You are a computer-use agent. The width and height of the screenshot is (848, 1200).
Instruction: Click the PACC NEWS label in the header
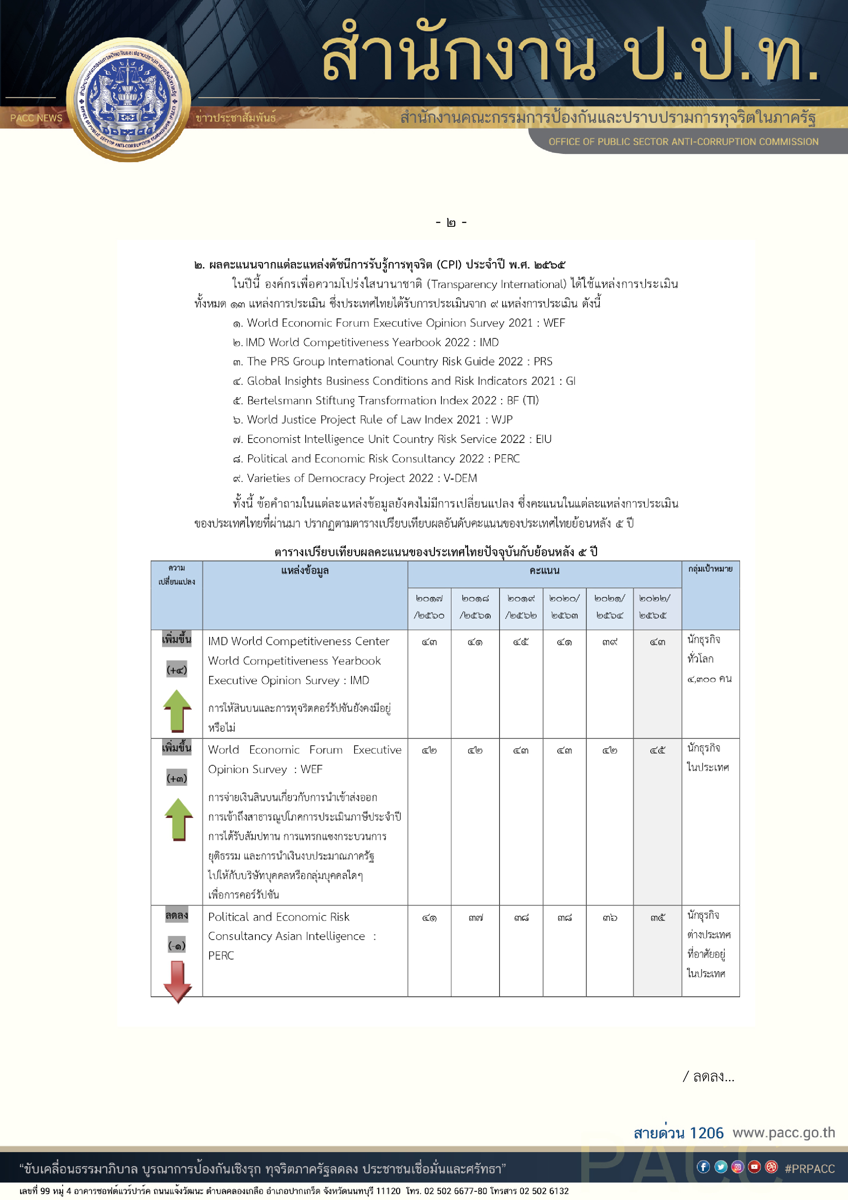click(x=36, y=118)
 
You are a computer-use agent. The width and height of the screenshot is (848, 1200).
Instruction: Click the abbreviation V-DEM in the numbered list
click(x=460, y=478)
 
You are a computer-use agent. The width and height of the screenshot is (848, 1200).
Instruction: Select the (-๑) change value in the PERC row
click(x=176, y=945)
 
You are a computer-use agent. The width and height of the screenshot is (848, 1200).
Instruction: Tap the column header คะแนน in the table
click(x=544, y=571)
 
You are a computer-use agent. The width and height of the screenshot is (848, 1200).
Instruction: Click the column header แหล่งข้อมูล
click(x=305, y=571)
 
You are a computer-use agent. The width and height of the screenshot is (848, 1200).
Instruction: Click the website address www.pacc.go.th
click(x=783, y=1133)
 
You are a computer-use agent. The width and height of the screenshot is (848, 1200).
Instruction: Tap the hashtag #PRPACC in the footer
click(x=809, y=1169)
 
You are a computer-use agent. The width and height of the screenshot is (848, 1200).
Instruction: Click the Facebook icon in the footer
click(x=703, y=1167)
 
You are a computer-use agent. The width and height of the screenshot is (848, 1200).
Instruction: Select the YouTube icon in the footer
click(x=754, y=1167)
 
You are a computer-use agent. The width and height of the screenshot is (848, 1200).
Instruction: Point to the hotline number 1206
click(x=706, y=1133)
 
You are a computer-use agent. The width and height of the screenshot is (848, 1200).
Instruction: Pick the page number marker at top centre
click(x=451, y=223)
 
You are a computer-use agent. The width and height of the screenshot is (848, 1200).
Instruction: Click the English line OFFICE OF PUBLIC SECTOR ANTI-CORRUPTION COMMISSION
click(x=683, y=142)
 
